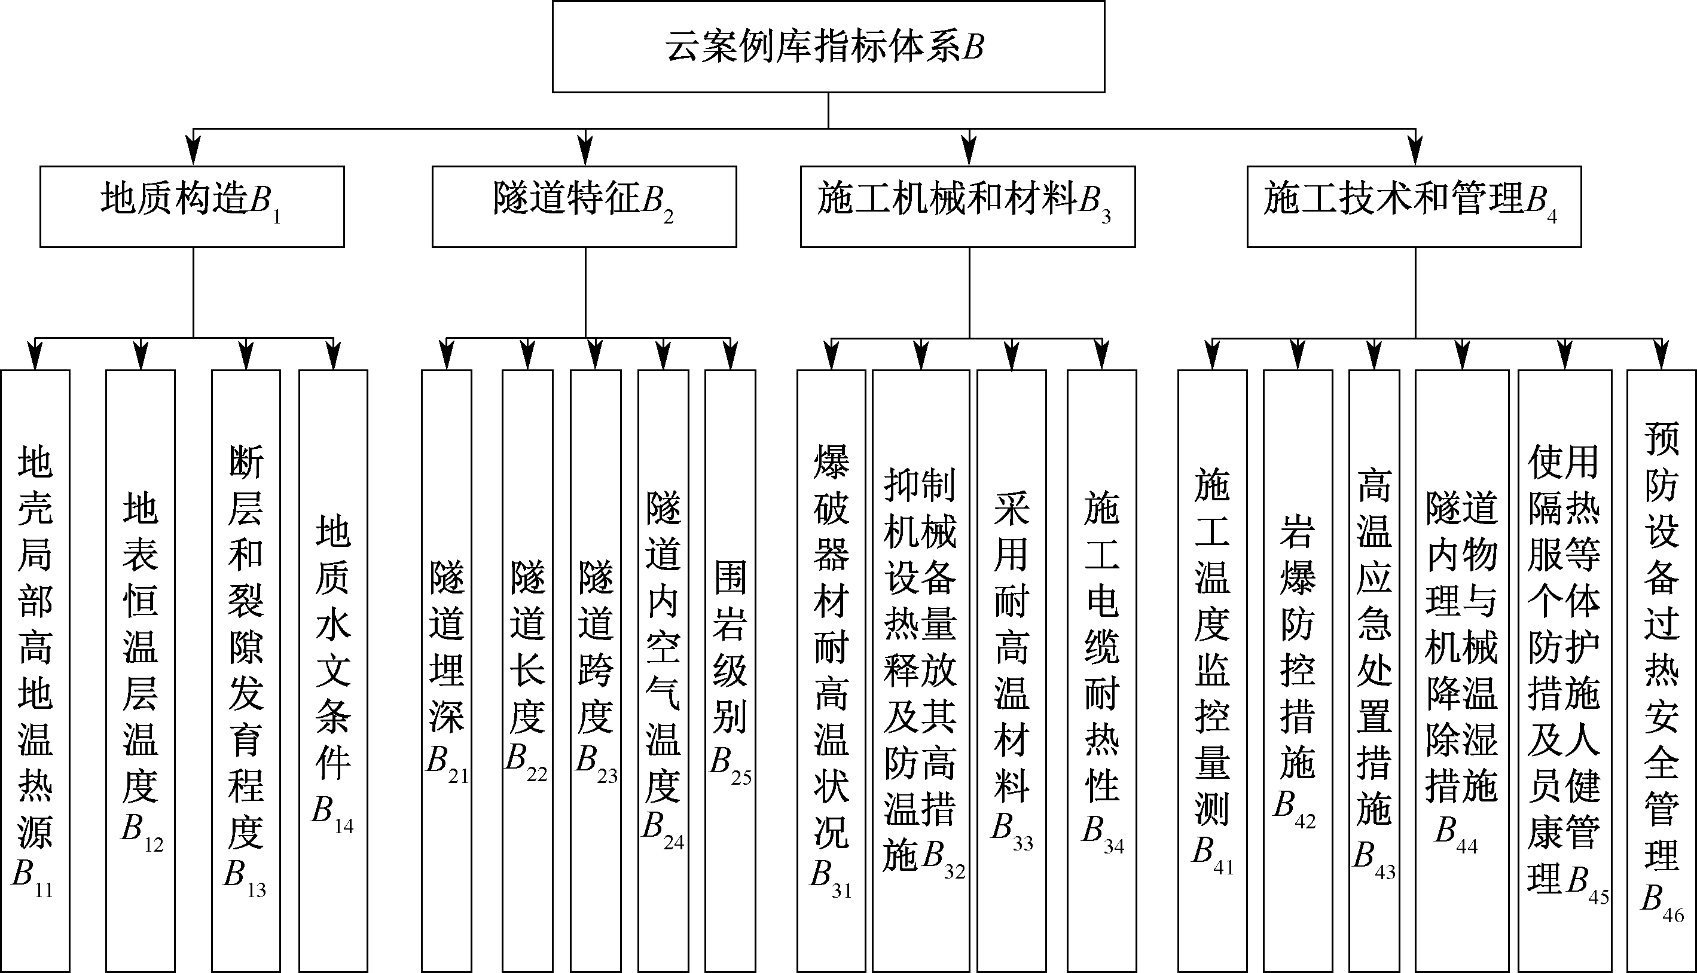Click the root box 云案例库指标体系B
pyautogui.click(x=828, y=46)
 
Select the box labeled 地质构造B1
pyautogui.click(x=192, y=207)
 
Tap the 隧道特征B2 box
pyautogui.click(x=584, y=207)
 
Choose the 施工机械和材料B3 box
pyautogui.click(x=968, y=207)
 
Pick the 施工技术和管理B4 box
pyautogui.click(x=1414, y=207)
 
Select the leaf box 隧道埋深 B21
pyautogui.click(x=447, y=671)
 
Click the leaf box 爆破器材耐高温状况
pyautogui.click(x=831, y=671)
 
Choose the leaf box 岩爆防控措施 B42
pyautogui.click(x=1298, y=671)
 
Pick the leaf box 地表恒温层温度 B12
pyautogui.click(x=141, y=671)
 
